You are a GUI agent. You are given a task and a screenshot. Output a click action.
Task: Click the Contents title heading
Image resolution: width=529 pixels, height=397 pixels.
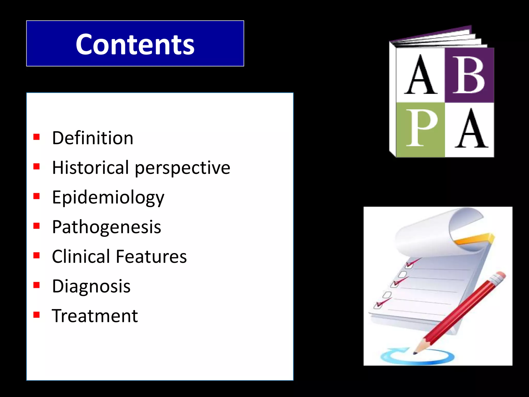[x=135, y=44]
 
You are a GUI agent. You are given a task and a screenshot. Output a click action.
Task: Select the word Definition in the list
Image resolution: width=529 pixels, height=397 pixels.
[x=92, y=138]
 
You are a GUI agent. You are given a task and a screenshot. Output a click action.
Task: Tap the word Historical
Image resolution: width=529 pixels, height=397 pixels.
[x=90, y=167]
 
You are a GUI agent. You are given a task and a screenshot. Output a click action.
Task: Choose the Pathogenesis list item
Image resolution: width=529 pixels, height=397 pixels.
[x=106, y=227]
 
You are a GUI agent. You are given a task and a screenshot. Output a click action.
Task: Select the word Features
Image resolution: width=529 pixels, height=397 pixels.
[x=151, y=256]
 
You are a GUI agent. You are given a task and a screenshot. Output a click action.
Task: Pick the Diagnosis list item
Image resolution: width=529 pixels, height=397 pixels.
[x=91, y=286]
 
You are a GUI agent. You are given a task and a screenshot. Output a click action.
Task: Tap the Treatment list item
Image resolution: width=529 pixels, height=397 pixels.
[x=95, y=316]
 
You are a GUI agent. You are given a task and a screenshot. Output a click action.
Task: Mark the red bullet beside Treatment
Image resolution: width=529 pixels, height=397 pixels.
[x=36, y=315]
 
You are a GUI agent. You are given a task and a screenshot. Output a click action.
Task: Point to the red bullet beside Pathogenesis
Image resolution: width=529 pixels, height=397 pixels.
[x=36, y=226]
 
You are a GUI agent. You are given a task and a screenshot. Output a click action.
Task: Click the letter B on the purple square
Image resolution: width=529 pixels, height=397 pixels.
[x=469, y=75]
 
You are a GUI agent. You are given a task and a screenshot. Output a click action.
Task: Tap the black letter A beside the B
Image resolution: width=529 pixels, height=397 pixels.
[x=421, y=75]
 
